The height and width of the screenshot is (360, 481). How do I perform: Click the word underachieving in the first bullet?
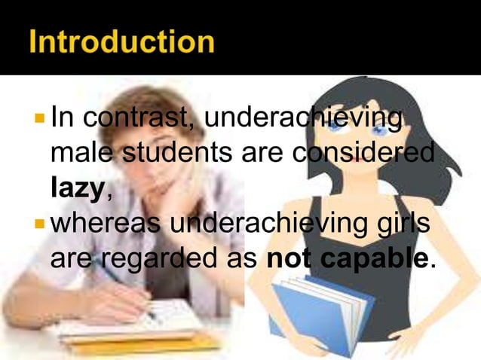click(302, 120)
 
